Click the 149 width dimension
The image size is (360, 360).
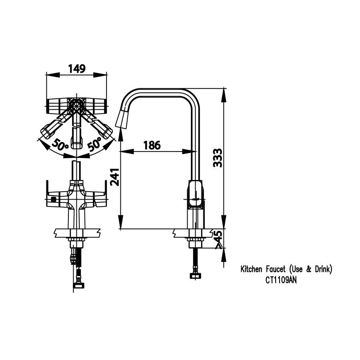(76, 69)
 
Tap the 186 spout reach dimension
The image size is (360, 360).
(152, 145)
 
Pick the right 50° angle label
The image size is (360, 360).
(95, 145)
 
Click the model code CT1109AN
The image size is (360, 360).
(281, 280)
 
